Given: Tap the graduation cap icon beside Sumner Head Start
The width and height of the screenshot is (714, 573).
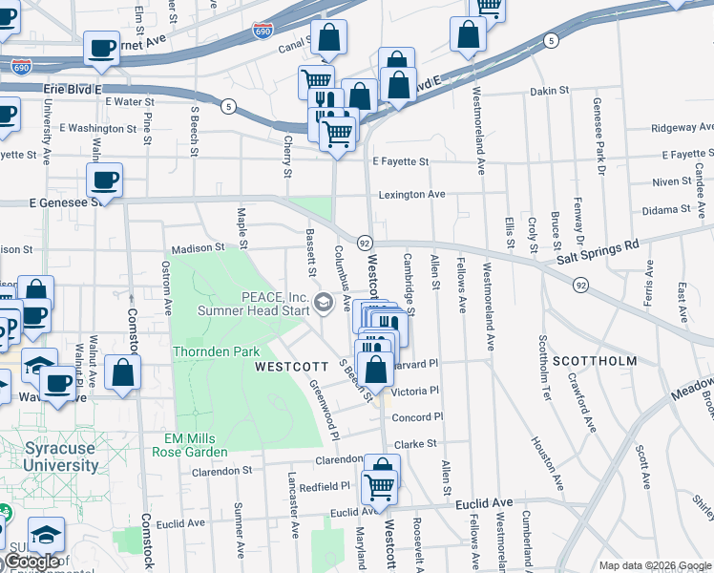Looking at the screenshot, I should (324, 304).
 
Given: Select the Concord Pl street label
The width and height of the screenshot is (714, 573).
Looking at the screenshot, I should (418, 417).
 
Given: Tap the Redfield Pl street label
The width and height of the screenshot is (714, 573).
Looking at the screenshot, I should (325, 486).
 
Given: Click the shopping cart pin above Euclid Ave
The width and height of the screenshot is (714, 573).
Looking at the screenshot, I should (381, 488).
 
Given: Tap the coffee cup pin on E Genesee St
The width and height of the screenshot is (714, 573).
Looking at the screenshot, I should (105, 179).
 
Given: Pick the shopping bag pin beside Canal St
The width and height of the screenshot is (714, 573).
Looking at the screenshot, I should (328, 39).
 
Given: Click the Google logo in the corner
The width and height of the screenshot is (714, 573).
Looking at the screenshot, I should (33, 561).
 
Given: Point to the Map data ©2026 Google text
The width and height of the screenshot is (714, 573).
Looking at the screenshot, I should (656, 565).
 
